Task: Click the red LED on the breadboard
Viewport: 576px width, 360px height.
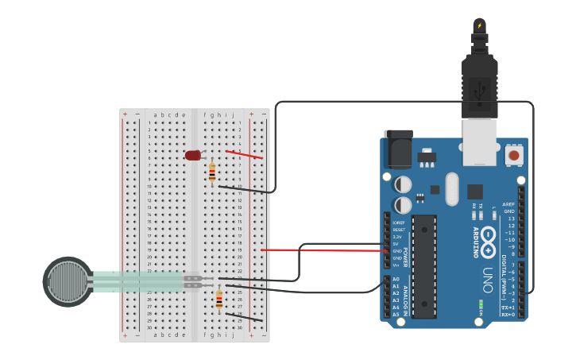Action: click(193, 155)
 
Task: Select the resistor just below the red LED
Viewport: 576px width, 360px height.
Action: click(212, 172)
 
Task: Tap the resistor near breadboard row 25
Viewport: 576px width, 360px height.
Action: click(219, 300)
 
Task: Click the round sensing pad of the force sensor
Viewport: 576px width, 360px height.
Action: click(67, 281)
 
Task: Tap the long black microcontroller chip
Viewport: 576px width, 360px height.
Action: click(424, 265)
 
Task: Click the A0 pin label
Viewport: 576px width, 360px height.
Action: click(396, 279)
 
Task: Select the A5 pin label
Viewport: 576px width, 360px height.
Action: click(396, 315)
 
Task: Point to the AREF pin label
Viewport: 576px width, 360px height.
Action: click(508, 204)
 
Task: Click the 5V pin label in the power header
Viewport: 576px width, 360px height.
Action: click(397, 244)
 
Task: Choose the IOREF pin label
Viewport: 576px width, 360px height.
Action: click(398, 223)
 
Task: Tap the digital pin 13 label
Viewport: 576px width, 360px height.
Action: click(511, 218)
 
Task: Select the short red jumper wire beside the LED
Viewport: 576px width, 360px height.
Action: click(244, 154)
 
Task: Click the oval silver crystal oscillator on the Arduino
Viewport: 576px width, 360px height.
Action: click(452, 189)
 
